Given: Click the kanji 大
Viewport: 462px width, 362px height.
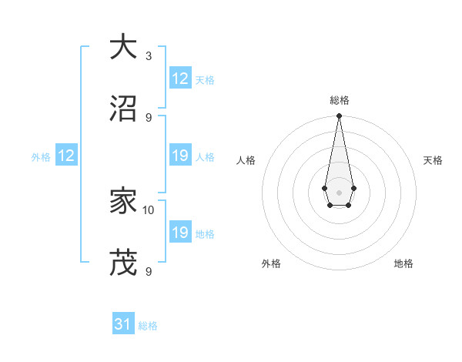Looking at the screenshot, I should coord(124,46).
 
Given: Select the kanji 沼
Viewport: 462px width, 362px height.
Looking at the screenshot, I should coord(124,109).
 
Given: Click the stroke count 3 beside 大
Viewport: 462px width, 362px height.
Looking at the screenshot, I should coord(149,56).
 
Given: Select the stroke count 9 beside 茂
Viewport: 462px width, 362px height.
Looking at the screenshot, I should coord(149,271).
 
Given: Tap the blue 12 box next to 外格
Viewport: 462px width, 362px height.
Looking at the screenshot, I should coord(65,156).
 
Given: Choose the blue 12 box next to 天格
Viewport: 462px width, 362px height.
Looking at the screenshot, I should coord(180,79).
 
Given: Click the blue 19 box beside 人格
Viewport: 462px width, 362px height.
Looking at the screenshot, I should coord(180,156).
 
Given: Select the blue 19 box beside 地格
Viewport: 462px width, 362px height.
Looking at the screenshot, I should coord(180,233).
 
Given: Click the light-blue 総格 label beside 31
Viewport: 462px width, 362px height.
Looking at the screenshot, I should coord(148,326).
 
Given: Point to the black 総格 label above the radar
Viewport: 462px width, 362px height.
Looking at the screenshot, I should coord(340,101).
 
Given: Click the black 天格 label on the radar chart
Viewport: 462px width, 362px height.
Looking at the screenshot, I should coord(433,160).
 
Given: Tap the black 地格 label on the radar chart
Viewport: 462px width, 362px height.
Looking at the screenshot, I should coord(403,264).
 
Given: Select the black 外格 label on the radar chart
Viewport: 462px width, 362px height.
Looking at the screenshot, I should coord(271,264).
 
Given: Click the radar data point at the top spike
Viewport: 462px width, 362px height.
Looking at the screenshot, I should coord(339,116).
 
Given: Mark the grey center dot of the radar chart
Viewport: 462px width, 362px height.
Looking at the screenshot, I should coord(339,191).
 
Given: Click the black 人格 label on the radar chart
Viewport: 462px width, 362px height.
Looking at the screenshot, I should coord(246,160).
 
